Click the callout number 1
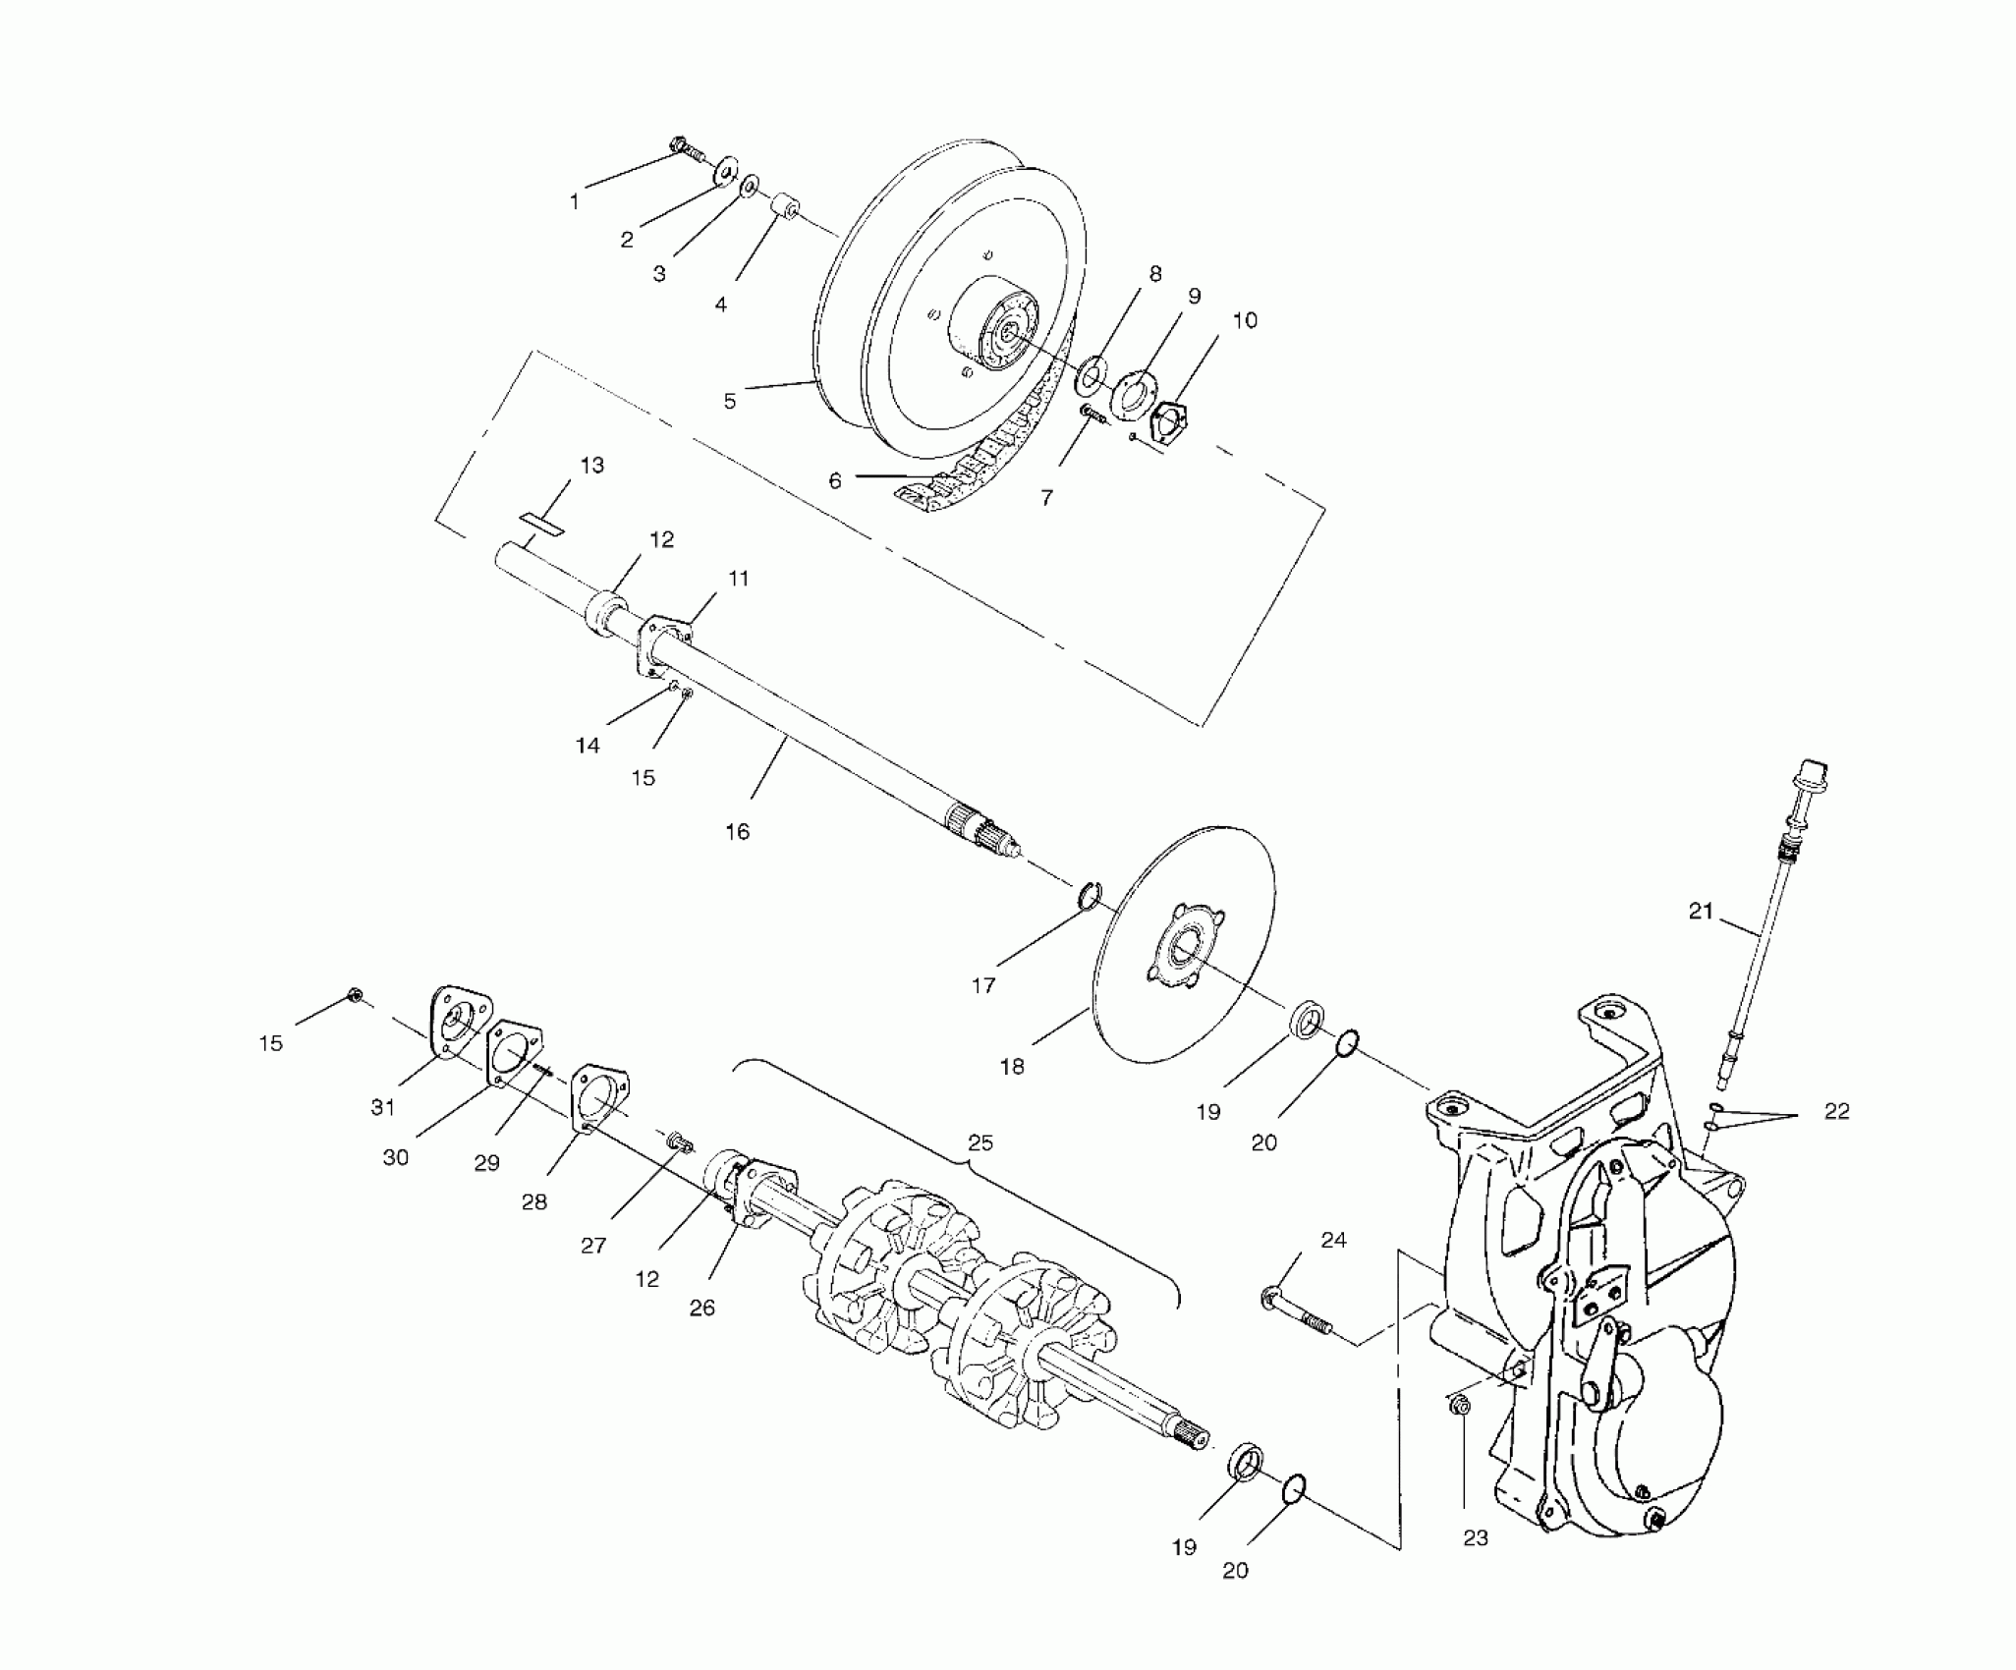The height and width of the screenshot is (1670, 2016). click(575, 202)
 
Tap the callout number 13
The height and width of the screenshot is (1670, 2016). click(591, 465)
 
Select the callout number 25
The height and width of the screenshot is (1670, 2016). click(980, 1142)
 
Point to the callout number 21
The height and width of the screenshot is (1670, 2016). click(1701, 911)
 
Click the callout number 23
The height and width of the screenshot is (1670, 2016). click(1476, 1537)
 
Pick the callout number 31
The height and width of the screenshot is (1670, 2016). click(382, 1107)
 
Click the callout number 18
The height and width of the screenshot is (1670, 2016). click(1012, 1066)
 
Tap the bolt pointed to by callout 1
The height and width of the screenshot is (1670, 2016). click(685, 149)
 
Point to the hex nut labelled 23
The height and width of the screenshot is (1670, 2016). click(1460, 1434)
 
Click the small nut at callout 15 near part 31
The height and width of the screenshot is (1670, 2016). click(356, 997)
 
